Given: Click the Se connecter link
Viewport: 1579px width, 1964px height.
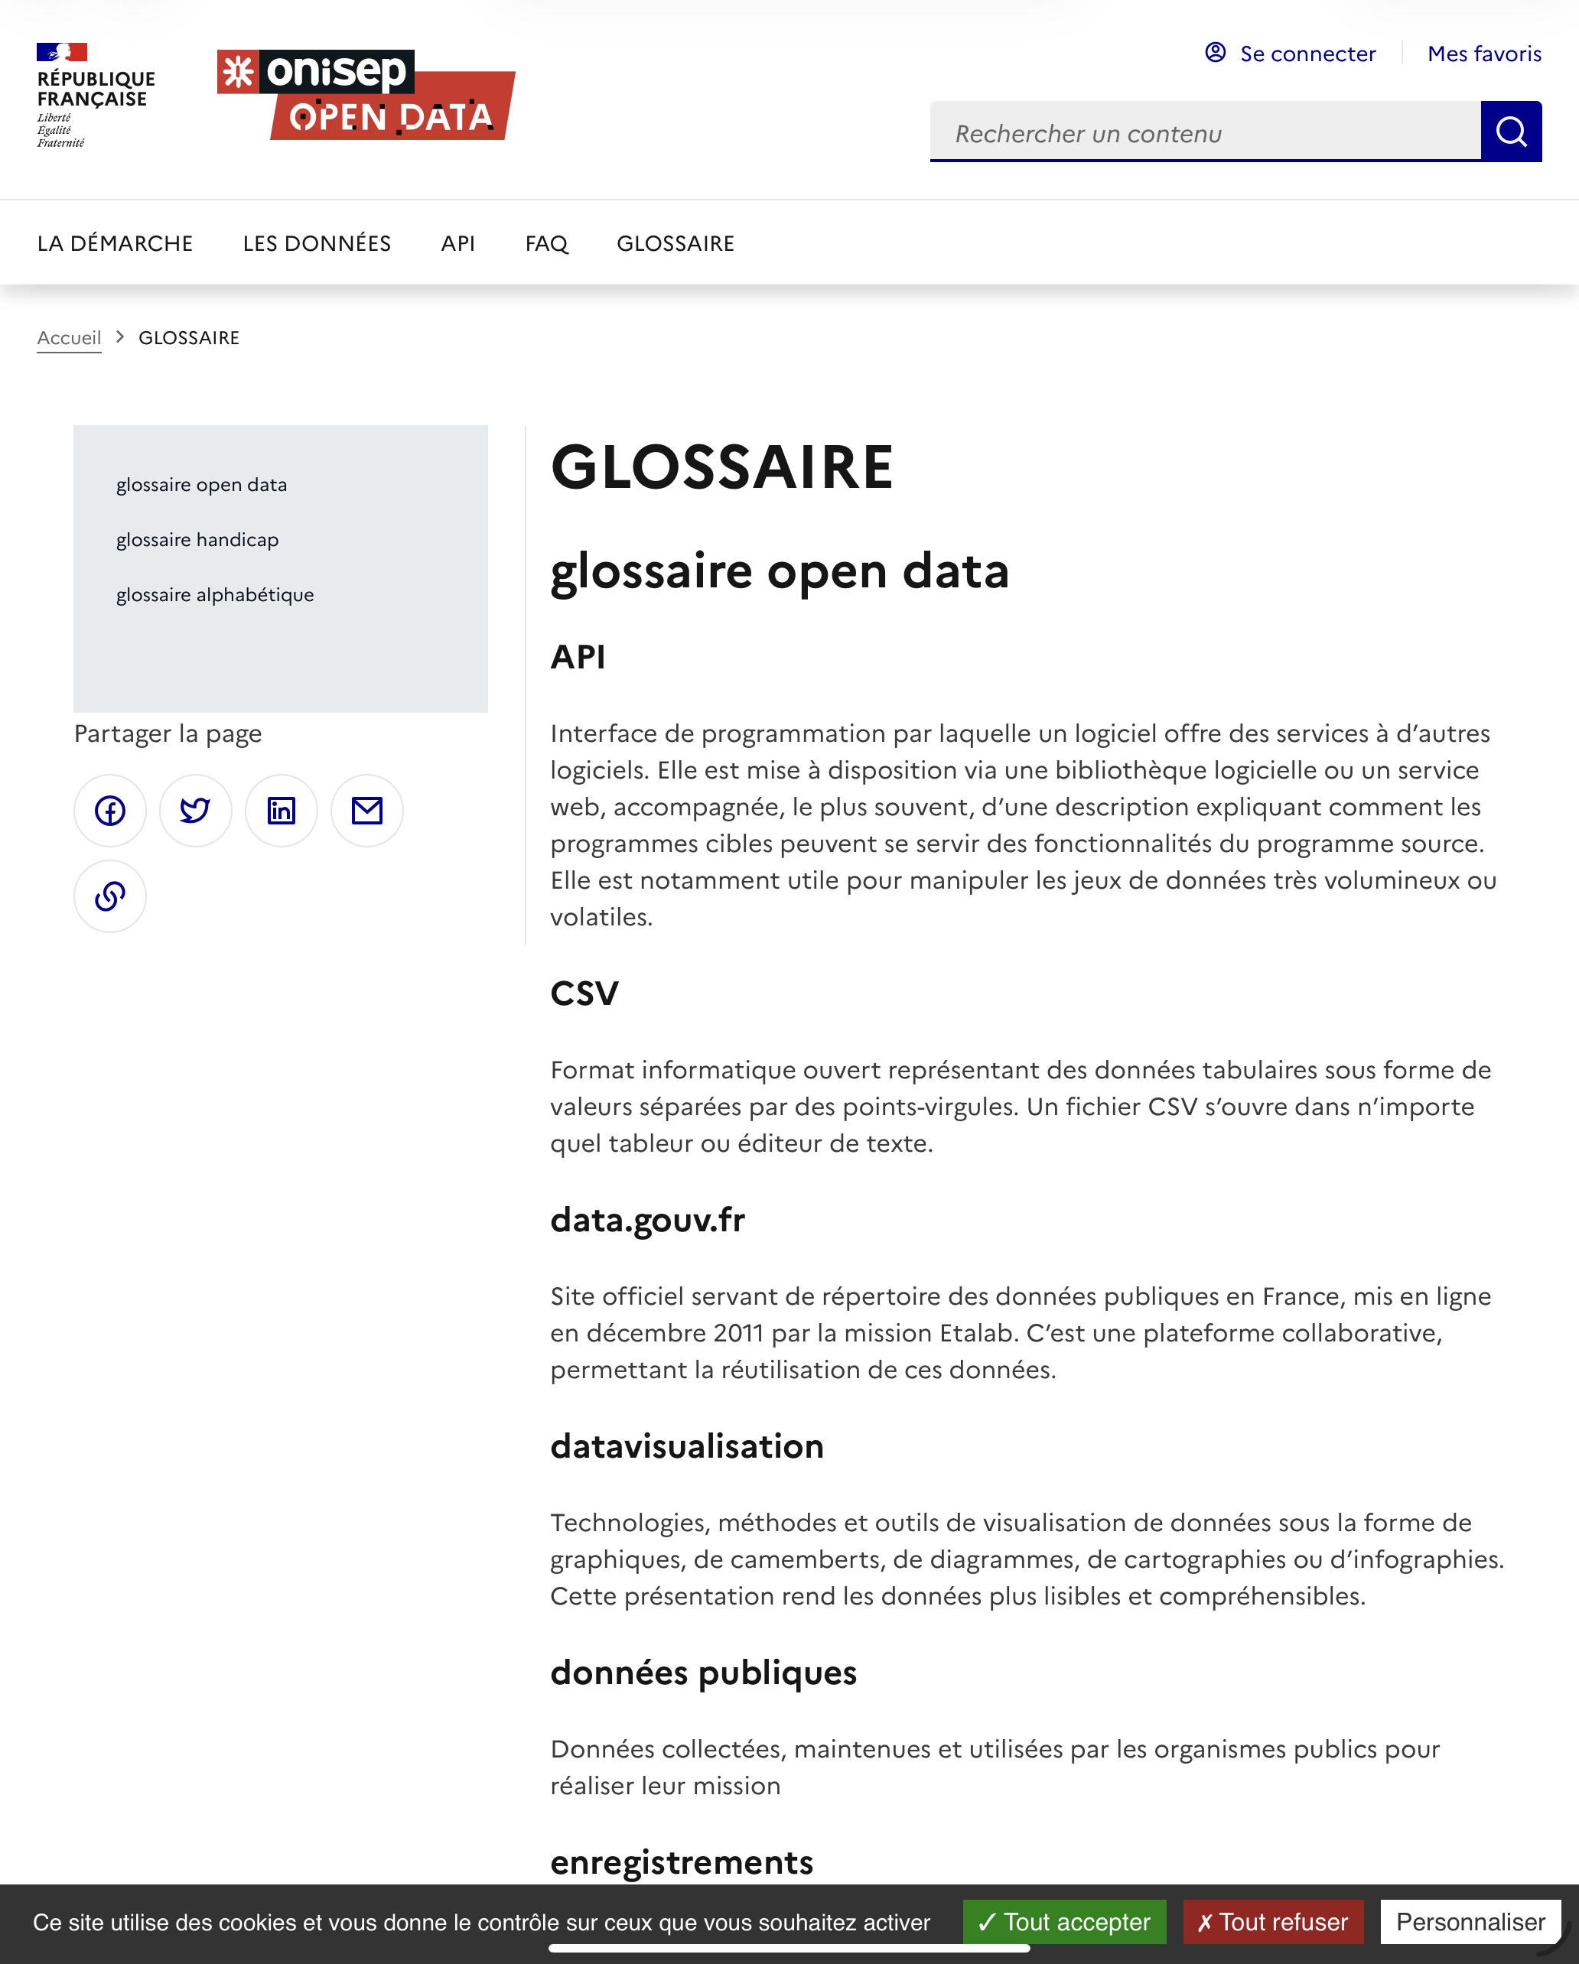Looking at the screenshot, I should [x=1306, y=54].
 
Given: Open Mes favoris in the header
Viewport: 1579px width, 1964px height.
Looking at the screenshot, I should [x=1483, y=54].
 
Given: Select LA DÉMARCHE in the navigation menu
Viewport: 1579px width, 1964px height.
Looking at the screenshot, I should [x=115, y=243].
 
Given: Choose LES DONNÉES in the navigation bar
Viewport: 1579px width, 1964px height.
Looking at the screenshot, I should [x=316, y=243].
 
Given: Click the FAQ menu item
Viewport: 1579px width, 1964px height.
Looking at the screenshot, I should [x=545, y=243].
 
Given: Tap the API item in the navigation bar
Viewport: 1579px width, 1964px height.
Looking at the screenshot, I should [x=457, y=243].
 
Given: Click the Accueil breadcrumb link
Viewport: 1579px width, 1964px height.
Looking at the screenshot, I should [x=70, y=338].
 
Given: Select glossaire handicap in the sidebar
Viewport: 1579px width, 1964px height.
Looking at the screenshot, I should [x=197, y=540].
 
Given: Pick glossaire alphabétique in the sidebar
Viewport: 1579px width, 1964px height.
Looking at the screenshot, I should [x=214, y=595].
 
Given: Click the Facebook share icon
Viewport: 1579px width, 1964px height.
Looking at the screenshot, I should [x=110, y=811].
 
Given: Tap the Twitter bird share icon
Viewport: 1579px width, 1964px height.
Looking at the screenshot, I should [x=195, y=811].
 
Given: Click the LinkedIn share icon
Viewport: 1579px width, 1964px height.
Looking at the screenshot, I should [x=281, y=811].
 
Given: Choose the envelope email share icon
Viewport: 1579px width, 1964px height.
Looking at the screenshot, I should [x=366, y=811].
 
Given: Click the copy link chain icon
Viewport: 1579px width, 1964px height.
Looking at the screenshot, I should [x=110, y=896].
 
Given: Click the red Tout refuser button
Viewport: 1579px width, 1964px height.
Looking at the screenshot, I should [x=1272, y=1922].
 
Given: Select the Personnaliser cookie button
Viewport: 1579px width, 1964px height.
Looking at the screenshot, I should [x=1470, y=1922].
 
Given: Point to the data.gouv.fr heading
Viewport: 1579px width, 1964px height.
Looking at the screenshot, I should [x=647, y=1220].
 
